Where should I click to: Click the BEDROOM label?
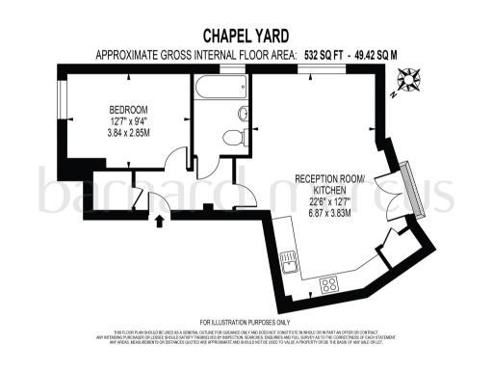pos(128,110)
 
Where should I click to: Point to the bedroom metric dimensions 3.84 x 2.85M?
pos(128,133)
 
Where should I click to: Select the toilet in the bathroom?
pos(233,139)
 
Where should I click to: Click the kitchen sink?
pos(286,260)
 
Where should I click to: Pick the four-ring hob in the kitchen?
pos(330,283)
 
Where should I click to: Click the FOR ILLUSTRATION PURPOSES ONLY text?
pos(245,322)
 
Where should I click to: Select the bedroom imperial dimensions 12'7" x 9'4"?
pos(128,121)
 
